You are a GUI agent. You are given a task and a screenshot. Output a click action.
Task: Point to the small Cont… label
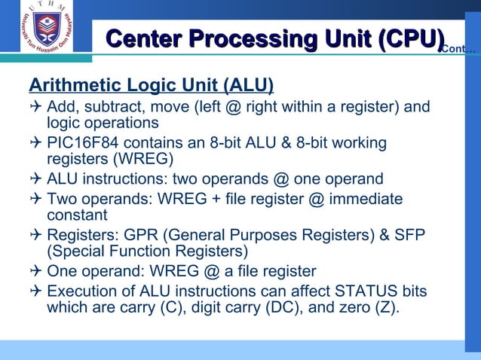458,50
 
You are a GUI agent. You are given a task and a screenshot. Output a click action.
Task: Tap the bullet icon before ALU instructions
35,179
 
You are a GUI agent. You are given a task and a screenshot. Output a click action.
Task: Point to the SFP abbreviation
411,235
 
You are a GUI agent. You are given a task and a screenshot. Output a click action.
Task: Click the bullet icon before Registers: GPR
35,235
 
